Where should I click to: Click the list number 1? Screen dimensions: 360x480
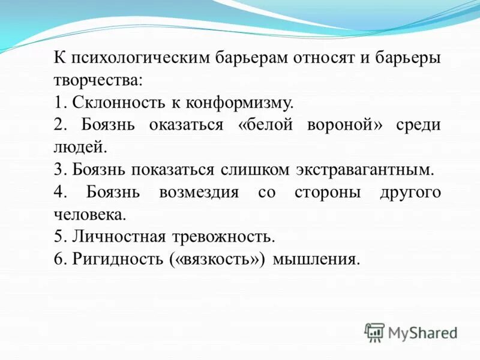click(x=58, y=102)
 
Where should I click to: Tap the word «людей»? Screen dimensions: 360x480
click(x=79, y=147)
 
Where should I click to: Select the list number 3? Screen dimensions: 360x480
click(x=58, y=169)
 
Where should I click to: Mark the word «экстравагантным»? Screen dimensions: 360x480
click(x=363, y=169)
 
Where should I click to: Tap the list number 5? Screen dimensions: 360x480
click(x=58, y=236)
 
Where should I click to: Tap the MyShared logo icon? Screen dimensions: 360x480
click(x=374, y=332)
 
